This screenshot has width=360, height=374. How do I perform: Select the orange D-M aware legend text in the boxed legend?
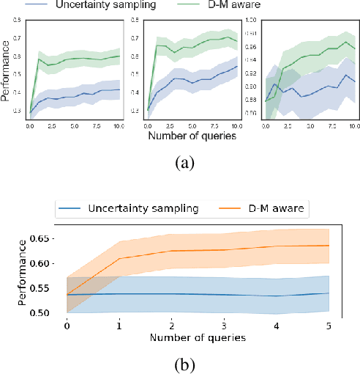(277, 208)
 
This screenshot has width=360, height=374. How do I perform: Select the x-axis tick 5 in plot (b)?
(329, 325)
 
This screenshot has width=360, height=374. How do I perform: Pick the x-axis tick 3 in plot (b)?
(224, 325)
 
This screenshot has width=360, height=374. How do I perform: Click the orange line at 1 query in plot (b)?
(119, 258)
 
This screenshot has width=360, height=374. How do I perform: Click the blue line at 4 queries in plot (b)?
(277, 296)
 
